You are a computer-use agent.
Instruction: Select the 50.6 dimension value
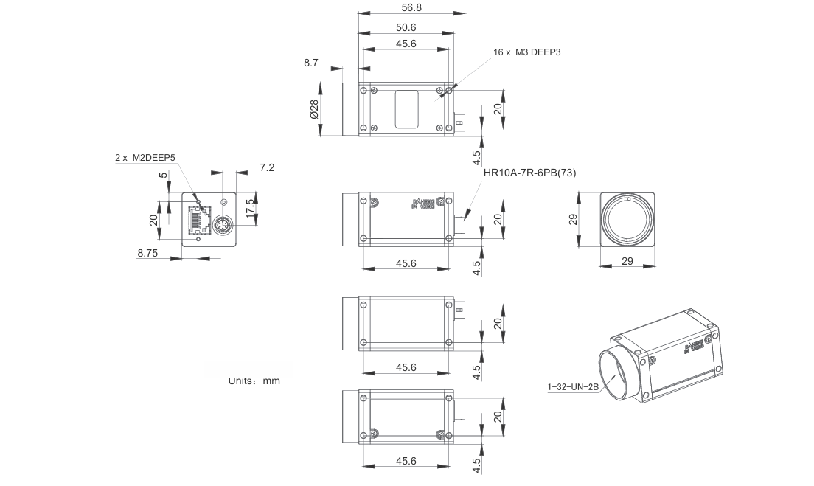pos(406,27)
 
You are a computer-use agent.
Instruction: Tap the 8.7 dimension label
pos(310,63)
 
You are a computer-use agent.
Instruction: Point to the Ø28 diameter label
pos(313,109)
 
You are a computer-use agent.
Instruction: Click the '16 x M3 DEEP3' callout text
pos(532,52)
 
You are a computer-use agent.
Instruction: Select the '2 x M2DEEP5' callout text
pos(145,157)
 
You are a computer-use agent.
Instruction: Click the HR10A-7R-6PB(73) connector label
pos(529,173)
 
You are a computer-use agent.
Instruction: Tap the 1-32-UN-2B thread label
pos(573,387)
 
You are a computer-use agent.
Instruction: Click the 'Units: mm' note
pos(254,381)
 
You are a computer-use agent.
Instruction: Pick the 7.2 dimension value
pos(267,168)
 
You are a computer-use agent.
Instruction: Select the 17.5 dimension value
pos(251,206)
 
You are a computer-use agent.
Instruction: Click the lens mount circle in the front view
pos(627,220)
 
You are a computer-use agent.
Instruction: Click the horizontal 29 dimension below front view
pos(627,262)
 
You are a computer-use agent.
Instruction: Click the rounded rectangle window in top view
pos(406,109)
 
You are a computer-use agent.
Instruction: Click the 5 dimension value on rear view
pos(163,176)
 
